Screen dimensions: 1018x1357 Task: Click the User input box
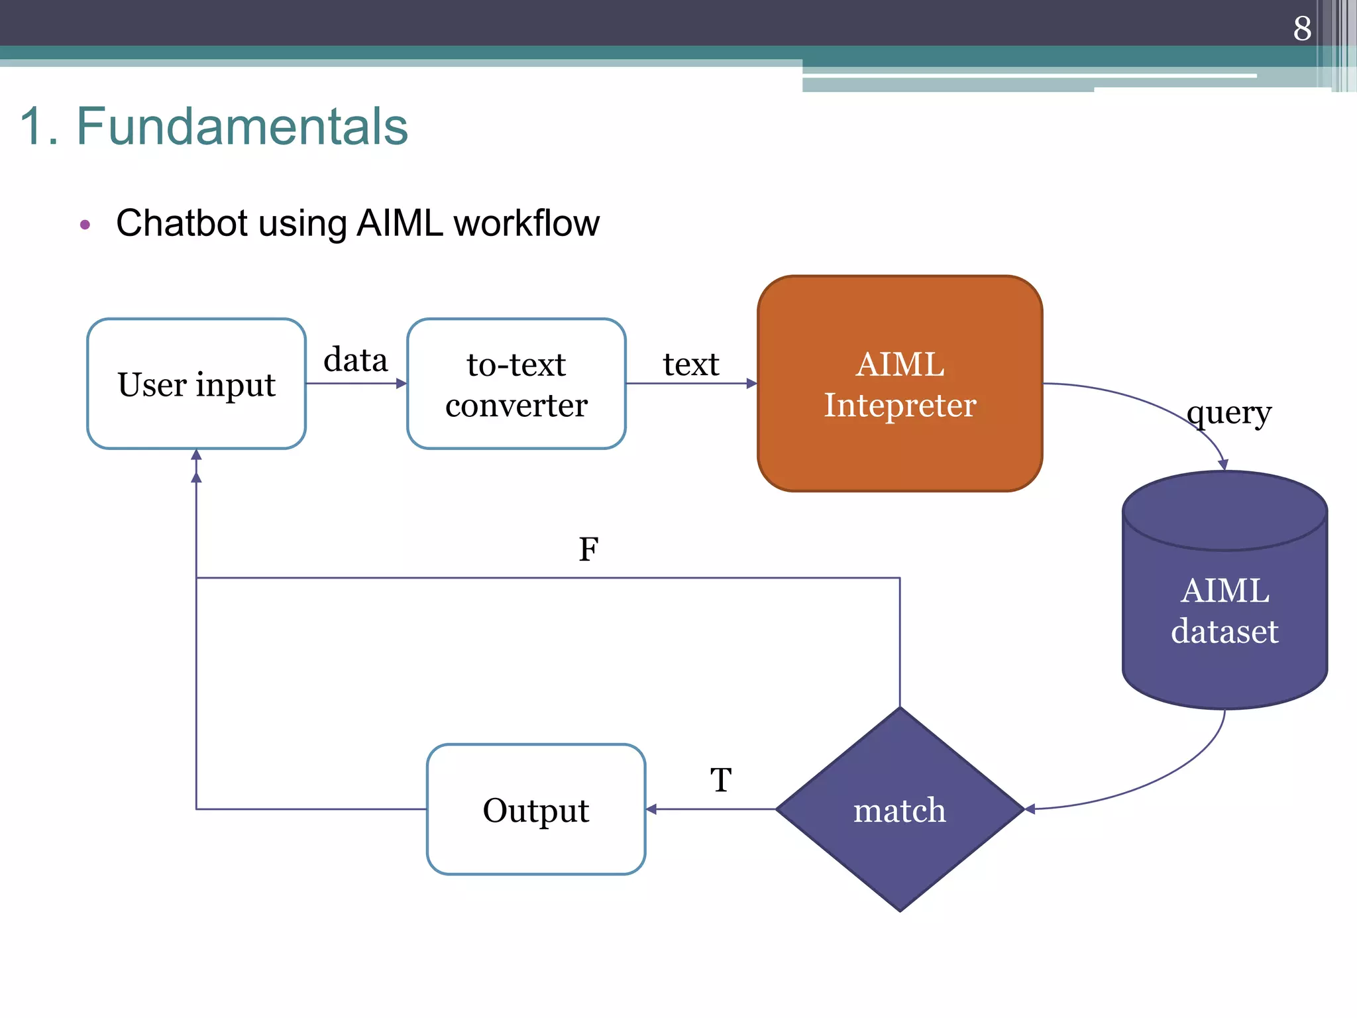[x=196, y=384]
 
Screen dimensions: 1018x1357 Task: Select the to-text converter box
[x=516, y=384]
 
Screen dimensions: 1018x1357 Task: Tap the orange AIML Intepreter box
[x=899, y=384]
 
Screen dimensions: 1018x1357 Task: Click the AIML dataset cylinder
[x=1224, y=610]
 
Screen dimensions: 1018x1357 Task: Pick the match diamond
[x=899, y=809]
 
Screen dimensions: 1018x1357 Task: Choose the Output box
[x=535, y=809]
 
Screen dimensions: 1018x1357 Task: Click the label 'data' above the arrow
[x=355, y=360]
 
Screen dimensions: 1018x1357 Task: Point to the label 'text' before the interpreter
[x=690, y=364]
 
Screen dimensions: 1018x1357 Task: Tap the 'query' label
[x=1229, y=413]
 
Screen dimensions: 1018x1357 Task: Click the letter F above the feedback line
[x=588, y=549]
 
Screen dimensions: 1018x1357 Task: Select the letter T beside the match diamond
[x=721, y=779]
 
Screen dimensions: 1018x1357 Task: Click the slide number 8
[x=1301, y=28]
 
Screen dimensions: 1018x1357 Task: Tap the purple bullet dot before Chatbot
[x=85, y=225]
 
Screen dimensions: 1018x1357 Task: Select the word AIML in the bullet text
[x=400, y=223]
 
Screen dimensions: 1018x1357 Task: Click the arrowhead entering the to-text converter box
[x=402, y=383]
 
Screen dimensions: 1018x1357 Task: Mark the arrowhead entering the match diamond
[x=1030, y=809]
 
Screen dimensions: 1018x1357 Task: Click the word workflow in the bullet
[x=526, y=223]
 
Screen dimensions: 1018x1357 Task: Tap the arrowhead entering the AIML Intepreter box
[x=752, y=383]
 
